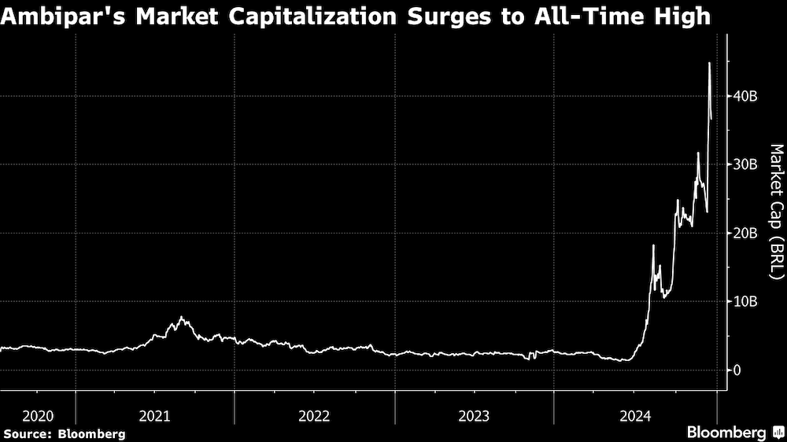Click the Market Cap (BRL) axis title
coord(775,210)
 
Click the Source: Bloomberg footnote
coord(64,433)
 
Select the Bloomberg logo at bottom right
coord(735,432)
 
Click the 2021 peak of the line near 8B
coord(182,317)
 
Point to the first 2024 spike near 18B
coord(653,246)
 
